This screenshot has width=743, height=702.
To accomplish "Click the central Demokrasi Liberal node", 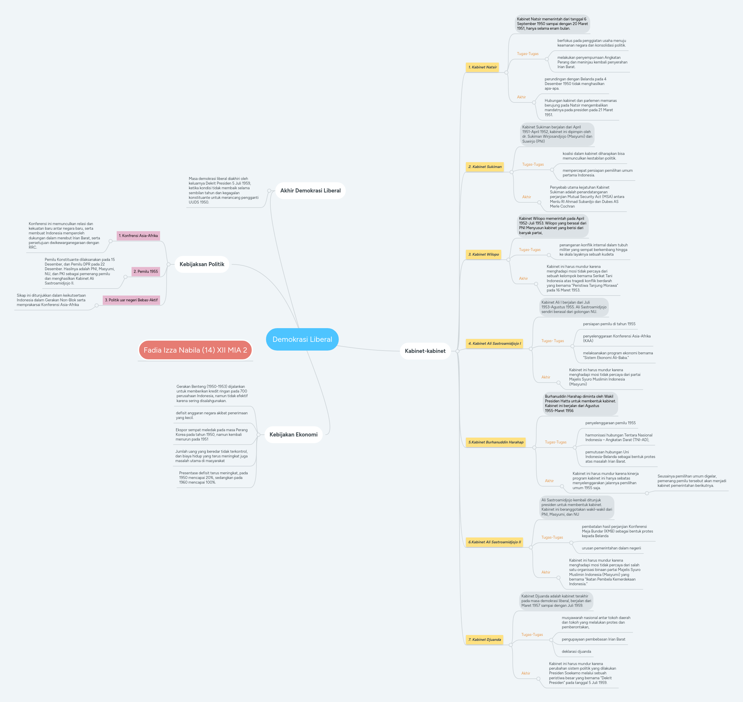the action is click(302, 339).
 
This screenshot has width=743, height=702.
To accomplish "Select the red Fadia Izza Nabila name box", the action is click(195, 350).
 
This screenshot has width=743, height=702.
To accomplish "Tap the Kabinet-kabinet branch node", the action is click(425, 351).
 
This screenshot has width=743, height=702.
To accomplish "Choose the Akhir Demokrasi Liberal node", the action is click(310, 190).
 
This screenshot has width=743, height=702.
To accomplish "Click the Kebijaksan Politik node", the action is click(202, 264).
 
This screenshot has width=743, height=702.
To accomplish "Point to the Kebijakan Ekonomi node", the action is click(294, 434).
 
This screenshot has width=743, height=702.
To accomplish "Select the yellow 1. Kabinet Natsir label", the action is click(482, 67).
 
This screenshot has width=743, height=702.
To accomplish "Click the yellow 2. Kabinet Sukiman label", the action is click(485, 167).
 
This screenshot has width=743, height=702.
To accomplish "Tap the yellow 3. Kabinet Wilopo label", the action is click(483, 254).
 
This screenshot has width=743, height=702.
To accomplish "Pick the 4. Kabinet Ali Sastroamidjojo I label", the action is click(494, 344).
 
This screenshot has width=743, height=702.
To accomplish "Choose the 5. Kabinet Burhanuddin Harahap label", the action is click(496, 442).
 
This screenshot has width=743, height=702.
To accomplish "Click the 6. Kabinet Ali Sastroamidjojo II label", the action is click(494, 542).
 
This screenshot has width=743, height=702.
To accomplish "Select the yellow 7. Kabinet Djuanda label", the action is click(485, 639).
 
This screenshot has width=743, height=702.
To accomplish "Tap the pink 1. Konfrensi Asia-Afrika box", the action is click(138, 236).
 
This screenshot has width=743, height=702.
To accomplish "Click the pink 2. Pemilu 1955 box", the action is click(146, 272).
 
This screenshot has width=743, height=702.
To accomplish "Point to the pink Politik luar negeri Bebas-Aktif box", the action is click(131, 300).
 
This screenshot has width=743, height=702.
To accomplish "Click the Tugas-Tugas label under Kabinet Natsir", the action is click(528, 54).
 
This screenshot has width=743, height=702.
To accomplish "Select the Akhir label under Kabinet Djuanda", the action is click(526, 673).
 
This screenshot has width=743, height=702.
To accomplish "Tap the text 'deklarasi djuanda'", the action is click(576, 652).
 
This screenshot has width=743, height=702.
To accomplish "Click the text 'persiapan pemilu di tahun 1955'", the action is click(609, 324).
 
